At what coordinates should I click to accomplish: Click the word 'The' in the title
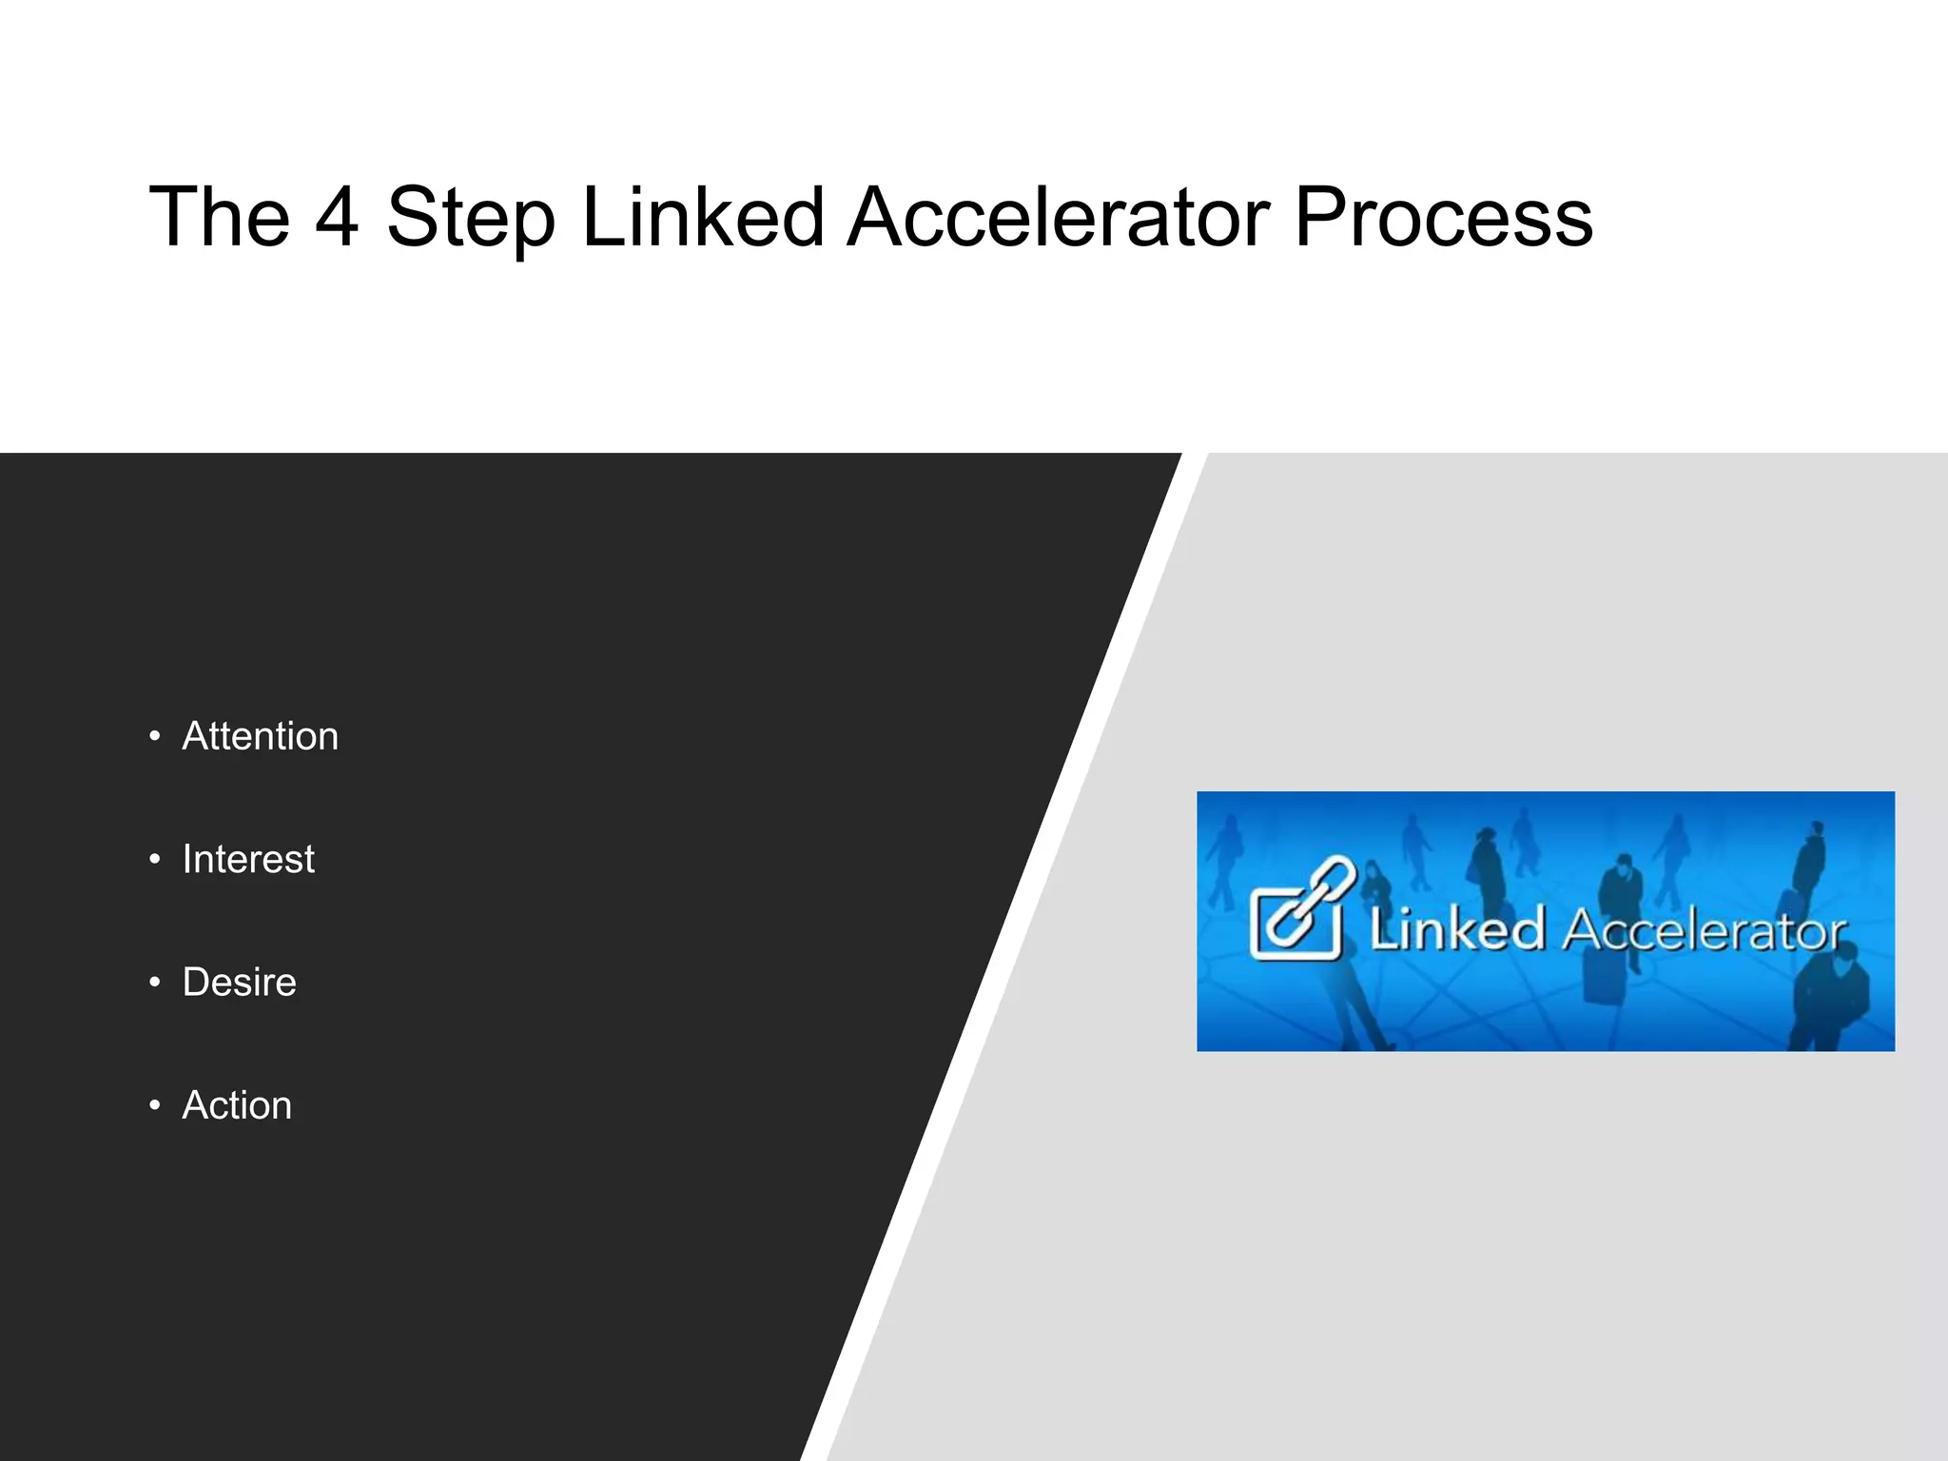click(220, 218)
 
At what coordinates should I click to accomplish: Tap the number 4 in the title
click(337, 218)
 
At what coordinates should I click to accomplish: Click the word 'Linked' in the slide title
click(703, 218)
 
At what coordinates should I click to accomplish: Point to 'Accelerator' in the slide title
click(1059, 218)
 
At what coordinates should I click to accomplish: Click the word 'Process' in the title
click(1443, 218)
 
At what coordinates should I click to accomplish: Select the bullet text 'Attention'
click(260, 736)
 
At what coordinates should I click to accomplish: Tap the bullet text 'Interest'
click(248, 859)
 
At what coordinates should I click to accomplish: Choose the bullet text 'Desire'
click(239, 982)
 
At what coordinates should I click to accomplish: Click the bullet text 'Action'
click(237, 1105)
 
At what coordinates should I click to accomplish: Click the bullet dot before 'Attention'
click(155, 737)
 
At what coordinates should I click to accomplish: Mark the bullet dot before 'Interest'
click(155, 860)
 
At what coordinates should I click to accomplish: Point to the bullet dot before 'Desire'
click(155, 983)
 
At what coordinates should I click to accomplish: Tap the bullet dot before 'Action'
click(155, 1105)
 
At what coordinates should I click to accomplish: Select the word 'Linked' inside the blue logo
click(1455, 929)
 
